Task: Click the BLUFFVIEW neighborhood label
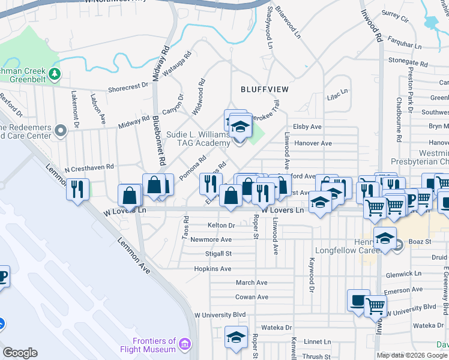[x=265, y=89]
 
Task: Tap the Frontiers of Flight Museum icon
[x=185, y=344]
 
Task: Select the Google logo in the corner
[x=20, y=353]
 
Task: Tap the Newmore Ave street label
[x=211, y=239]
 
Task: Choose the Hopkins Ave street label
[x=213, y=269]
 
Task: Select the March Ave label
[x=252, y=283]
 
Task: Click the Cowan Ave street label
[x=252, y=297]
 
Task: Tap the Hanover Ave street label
[x=312, y=143]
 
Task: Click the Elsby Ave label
[x=307, y=127]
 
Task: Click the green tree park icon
[x=55, y=74]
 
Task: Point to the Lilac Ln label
[x=337, y=92]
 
